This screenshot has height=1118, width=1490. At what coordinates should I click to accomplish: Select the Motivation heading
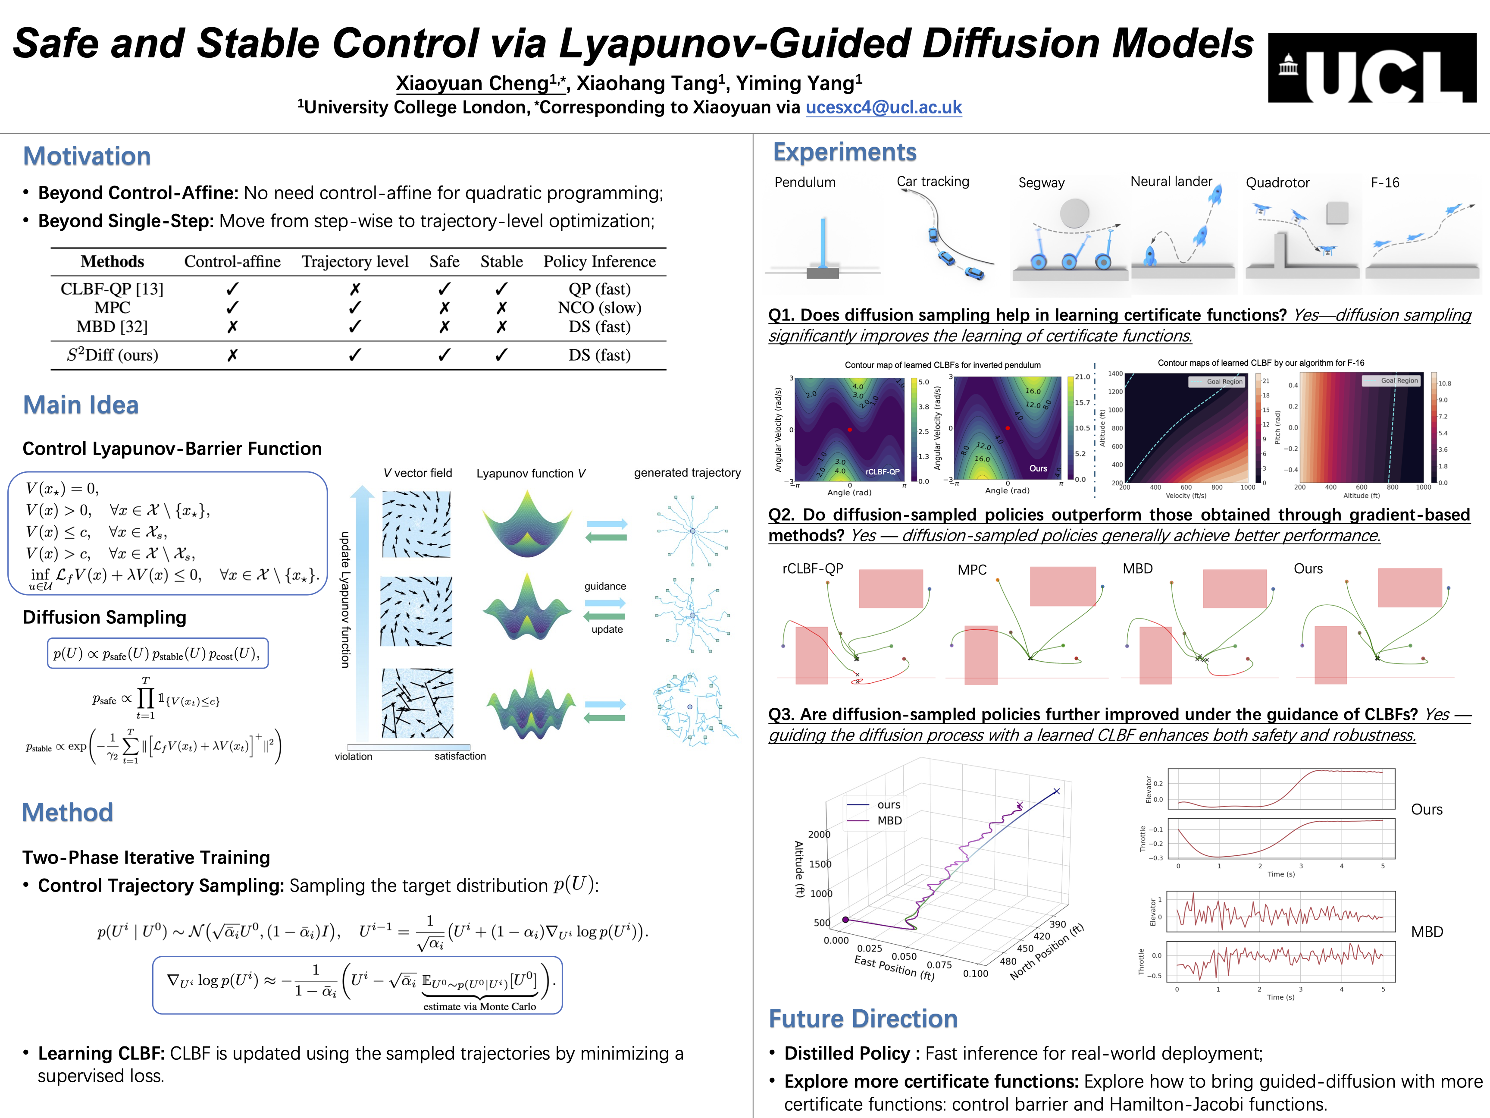point(87,156)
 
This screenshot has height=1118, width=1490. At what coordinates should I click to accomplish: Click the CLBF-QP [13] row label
point(112,289)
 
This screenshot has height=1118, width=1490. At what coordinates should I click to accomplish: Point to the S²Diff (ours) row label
point(112,355)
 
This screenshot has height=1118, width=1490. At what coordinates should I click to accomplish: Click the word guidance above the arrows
point(605,586)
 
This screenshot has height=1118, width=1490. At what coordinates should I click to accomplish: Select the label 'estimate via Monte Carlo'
point(479,1007)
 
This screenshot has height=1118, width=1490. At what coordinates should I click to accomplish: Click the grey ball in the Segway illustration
point(1074,213)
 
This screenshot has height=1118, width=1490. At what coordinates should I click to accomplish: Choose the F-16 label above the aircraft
point(1385,182)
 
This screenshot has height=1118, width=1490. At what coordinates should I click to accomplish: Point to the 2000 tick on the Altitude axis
point(819,834)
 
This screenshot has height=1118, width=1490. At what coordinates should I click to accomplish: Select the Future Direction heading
point(863,1019)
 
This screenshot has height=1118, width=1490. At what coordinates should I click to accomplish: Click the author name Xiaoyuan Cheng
point(472,83)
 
